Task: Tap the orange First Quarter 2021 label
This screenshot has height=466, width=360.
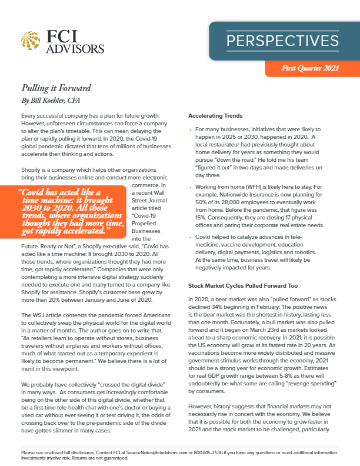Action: (311, 69)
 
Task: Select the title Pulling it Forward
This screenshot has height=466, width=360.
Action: (48, 88)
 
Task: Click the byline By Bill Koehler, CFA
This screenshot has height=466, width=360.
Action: (51, 101)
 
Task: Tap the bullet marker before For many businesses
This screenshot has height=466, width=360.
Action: (190, 129)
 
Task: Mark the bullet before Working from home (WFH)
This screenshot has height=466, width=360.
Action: (190, 186)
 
